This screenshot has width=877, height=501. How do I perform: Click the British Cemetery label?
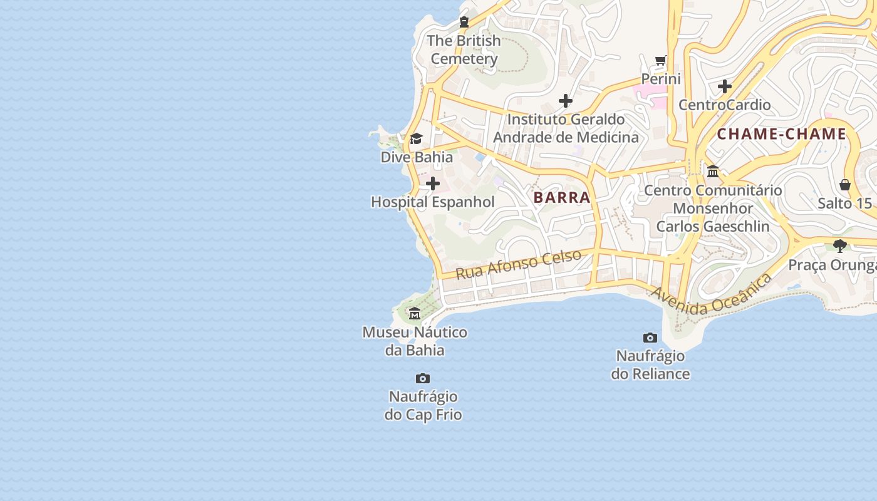(464, 49)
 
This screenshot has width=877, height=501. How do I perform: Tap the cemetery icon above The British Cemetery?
(464, 23)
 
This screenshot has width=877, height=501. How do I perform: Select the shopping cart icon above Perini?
(660, 61)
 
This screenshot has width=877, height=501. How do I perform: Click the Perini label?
(660, 79)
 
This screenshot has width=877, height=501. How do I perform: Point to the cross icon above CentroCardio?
(725, 86)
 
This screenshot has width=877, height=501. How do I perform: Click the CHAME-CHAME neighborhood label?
(781, 134)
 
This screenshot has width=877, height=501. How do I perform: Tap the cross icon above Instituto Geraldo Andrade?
(566, 101)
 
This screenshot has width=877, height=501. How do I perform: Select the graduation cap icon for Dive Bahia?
(416, 139)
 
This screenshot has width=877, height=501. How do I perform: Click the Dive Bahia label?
(417, 157)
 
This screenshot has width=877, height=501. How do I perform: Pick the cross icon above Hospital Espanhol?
(433, 184)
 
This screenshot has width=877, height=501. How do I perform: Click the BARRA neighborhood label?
(562, 197)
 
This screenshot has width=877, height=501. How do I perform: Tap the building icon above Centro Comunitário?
(713, 172)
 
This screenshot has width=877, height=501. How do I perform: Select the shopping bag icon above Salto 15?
(845, 185)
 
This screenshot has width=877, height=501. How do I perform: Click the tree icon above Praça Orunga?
(840, 246)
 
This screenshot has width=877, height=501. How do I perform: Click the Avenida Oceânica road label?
(711, 294)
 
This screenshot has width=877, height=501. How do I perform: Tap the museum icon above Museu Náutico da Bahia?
(415, 314)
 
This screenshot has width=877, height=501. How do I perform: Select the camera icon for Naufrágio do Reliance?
(650, 338)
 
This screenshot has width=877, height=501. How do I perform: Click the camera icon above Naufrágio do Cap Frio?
(423, 379)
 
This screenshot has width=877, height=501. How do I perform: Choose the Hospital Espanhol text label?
(433, 202)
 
